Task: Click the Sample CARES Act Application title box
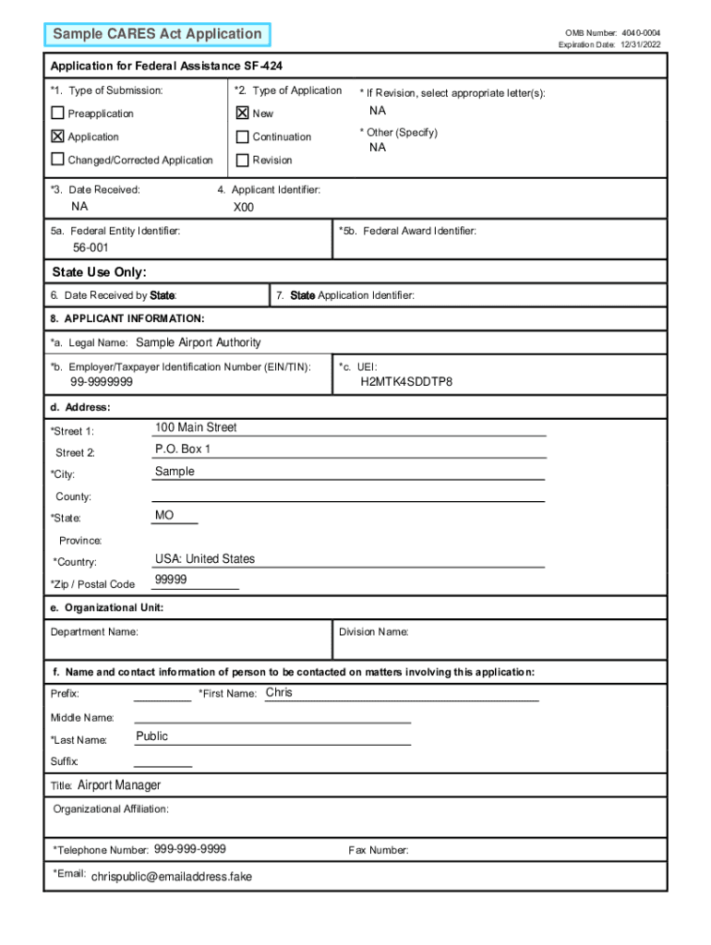(157, 35)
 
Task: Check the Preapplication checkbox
(58, 114)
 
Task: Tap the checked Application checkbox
(58, 137)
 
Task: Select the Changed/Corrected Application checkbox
(58, 160)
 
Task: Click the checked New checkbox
(243, 114)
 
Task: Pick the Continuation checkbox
(243, 137)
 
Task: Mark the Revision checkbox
(243, 160)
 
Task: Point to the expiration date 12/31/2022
(640, 45)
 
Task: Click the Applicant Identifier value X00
(244, 208)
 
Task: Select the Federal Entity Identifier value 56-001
(91, 249)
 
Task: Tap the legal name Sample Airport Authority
(199, 342)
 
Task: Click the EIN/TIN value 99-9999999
(102, 382)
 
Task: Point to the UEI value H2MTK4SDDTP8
(406, 382)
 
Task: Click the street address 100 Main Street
(196, 427)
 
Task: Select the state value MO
(164, 515)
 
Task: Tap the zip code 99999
(171, 580)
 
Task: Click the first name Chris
(279, 692)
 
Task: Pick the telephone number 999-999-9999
(190, 849)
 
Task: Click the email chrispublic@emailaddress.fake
(172, 877)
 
